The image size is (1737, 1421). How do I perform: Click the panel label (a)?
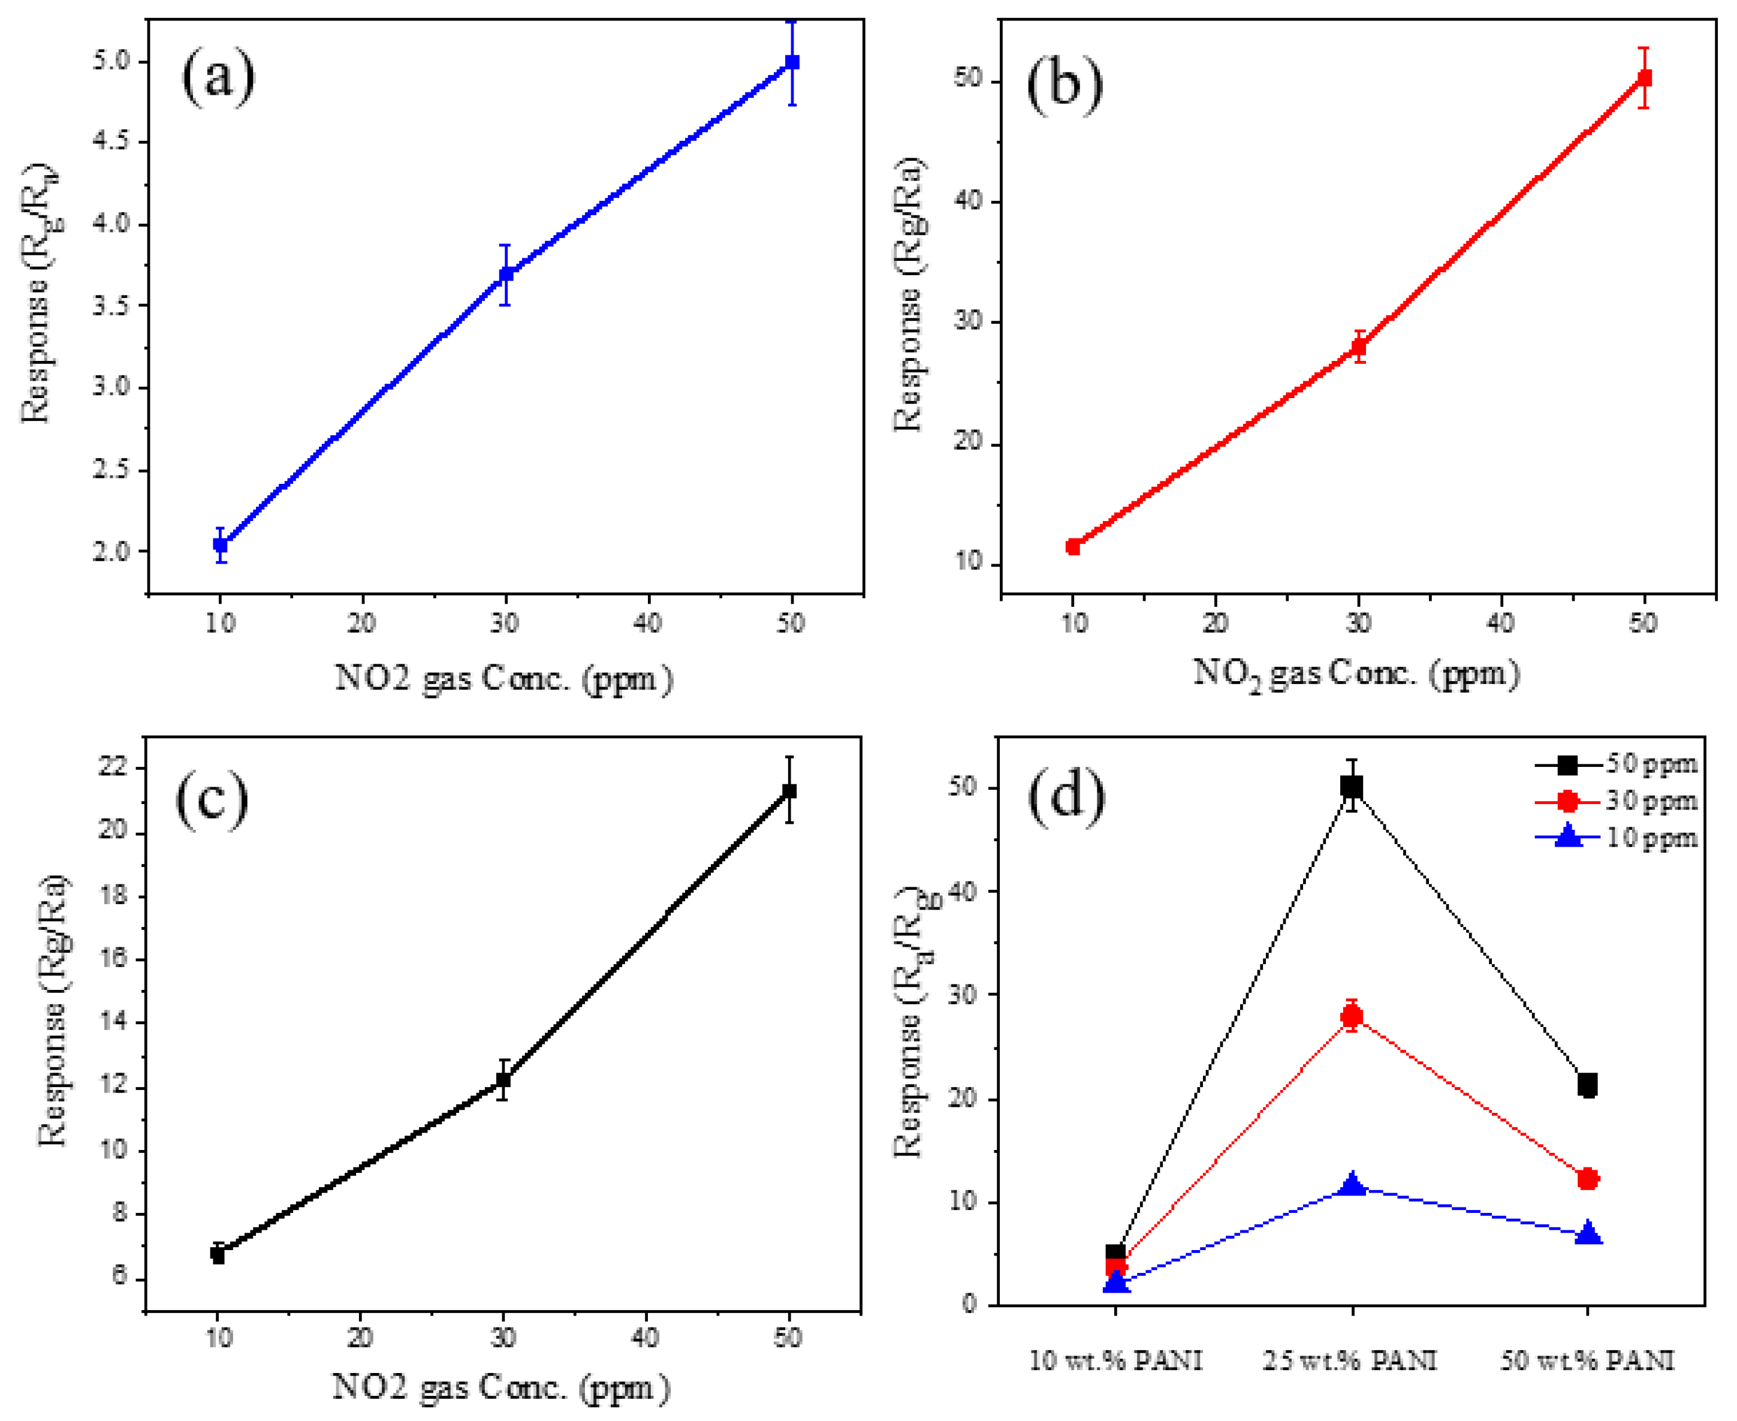[x=218, y=79]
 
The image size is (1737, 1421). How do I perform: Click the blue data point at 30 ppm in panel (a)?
[x=506, y=274]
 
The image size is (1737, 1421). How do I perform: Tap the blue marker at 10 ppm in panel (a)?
[x=220, y=544]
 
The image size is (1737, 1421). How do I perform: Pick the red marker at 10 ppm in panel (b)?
[x=1073, y=547]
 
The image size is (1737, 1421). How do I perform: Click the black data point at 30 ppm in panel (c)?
[x=503, y=1080]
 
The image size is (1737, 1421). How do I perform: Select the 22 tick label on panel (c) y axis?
[x=114, y=768]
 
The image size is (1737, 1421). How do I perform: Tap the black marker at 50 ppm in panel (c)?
[x=789, y=791]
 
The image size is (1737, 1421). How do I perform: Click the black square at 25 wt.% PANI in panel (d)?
[x=1352, y=787]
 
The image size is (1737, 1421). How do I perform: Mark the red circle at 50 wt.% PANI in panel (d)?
[x=1587, y=1179]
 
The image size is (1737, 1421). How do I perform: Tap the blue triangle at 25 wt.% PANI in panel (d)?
[x=1352, y=1184]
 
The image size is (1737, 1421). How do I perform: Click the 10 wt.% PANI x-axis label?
[x=1115, y=1360]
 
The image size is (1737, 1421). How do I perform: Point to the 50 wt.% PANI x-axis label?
[x=1587, y=1360]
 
